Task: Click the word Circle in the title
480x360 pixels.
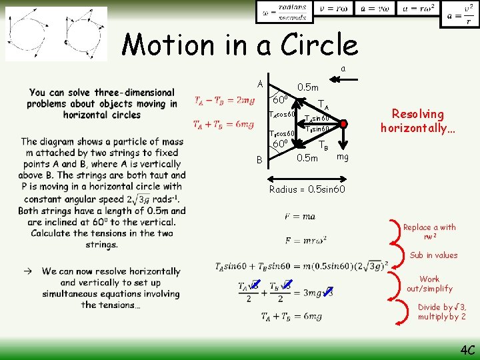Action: [x=319, y=45]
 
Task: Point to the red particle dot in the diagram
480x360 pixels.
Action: [x=343, y=124]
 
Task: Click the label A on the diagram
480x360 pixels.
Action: [x=260, y=84]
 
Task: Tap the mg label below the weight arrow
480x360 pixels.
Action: [x=343, y=157]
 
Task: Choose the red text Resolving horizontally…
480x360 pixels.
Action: [x=417, y=120]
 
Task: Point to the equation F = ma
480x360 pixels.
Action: [x=299, y=216]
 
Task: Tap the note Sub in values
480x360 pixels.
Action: [x=433, y=255]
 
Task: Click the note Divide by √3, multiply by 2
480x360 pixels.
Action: [x=442, y=311]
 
